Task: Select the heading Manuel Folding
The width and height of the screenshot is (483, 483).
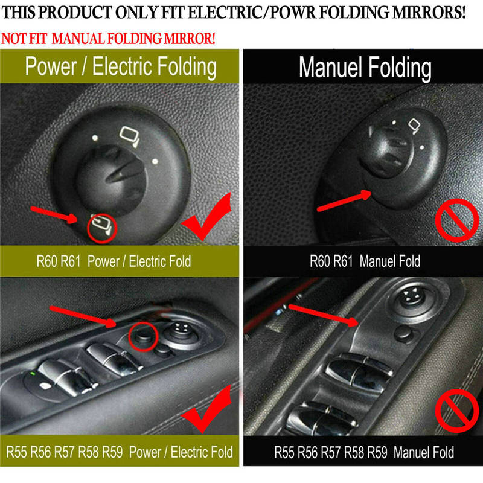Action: coord(365,68)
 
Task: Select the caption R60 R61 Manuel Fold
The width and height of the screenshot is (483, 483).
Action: coord(365,261)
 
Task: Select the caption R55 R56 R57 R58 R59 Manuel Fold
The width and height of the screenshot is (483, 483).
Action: coord(365,452)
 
